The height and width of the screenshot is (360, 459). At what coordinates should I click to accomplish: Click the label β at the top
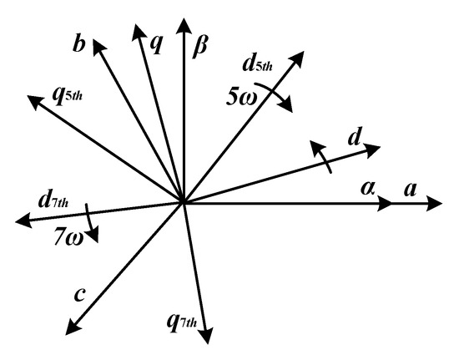coord(200,47)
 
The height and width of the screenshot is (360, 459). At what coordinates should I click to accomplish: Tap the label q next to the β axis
coord(155,45)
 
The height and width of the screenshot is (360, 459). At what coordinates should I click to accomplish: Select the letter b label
coord(79,44)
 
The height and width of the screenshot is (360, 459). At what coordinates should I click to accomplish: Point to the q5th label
coord(67,96)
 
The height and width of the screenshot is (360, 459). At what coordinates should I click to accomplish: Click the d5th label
coord(258,63)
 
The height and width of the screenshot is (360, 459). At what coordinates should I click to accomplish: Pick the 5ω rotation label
coord(242,98)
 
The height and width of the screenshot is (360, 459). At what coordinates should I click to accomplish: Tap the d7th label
coord(53,200)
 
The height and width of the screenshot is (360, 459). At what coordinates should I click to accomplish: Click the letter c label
coord(79,295)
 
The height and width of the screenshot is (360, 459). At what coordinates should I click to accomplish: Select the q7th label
coord(182,322)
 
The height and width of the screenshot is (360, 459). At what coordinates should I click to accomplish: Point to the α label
coord(368,188)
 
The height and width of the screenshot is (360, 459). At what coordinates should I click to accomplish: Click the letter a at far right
coord(411,190)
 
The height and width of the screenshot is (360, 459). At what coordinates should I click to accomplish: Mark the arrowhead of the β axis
coord(184,25)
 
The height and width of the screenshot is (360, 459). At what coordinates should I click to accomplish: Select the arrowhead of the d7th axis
coord(23,221)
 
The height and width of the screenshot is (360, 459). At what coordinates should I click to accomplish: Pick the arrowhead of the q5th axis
coord(34,102)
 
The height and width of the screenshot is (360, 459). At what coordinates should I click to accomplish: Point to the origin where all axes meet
coord(183,202)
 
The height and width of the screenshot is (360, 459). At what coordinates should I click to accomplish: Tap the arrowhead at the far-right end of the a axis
coord(433,203)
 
